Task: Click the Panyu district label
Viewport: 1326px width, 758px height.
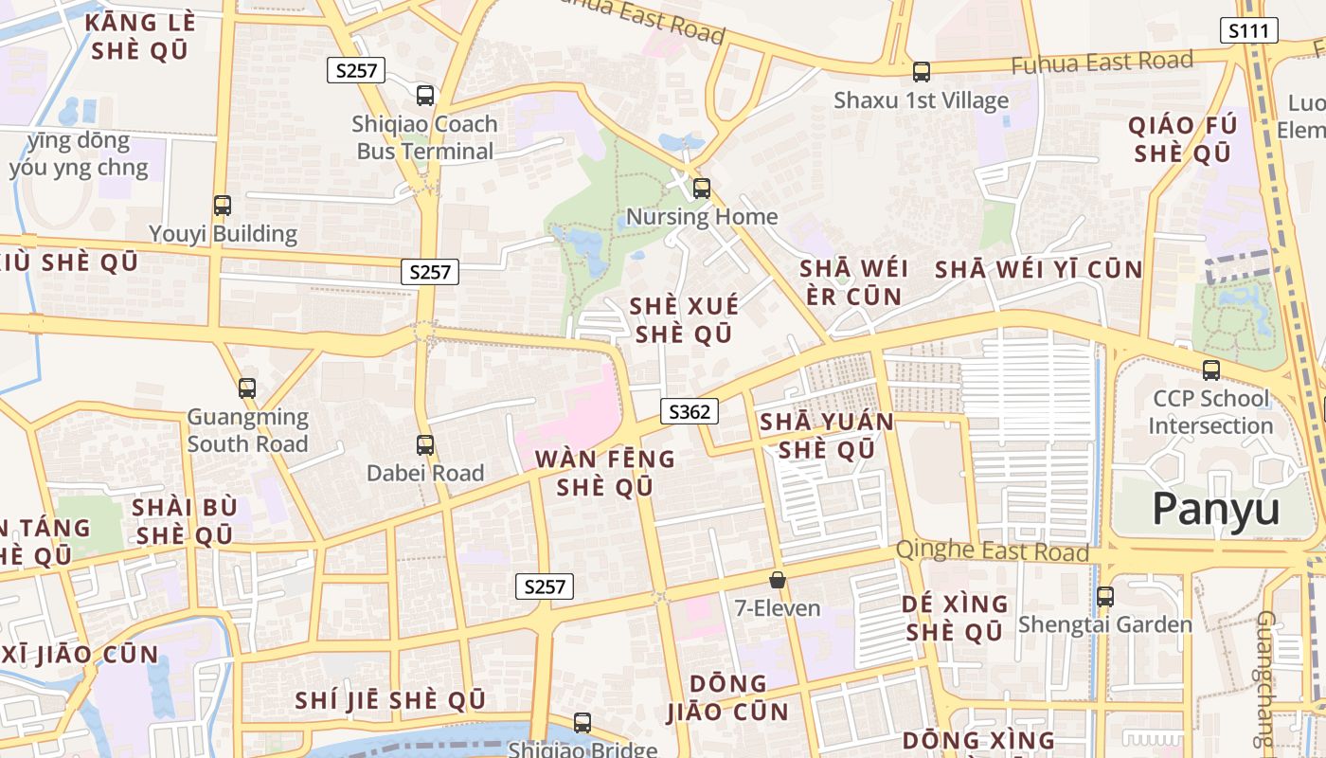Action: (x=1216, y=509)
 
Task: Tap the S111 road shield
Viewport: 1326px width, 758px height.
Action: (x=1248, y=30)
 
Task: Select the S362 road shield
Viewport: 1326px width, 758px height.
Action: (x=689, y=411)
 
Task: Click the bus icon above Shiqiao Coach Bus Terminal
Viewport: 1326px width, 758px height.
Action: (x=425, y=95)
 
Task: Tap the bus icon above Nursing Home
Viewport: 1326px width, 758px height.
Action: (x=702, y=188)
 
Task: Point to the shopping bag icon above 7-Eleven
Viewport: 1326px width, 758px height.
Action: (x=778, y=579)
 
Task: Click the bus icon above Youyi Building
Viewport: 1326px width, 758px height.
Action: (x=223, y=205)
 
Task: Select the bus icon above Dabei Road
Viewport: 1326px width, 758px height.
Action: (x=425, y=444)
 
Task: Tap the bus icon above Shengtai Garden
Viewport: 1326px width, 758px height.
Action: (x=1105, y=597)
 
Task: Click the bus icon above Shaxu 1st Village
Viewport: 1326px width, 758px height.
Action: (x=922, y=71)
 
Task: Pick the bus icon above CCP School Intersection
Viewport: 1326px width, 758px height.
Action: (x=1211, y=370)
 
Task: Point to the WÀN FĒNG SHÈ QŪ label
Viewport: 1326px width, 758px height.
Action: (x=605, y=473)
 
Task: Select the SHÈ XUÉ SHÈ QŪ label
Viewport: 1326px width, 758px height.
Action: (x=684, y=319)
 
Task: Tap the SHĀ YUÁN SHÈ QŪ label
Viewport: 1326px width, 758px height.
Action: (x=827, y=435)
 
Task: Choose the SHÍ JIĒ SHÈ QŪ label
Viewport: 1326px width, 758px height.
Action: (x=390, y=700)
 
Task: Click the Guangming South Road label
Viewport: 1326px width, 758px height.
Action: (x=248, y=430)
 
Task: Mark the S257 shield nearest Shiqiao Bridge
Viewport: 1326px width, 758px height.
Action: (x=545, y=587)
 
